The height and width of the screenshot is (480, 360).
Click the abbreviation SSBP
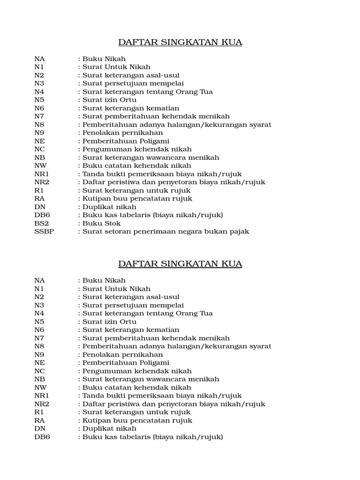click(x=44, y=232)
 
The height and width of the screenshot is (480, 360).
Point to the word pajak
click(x=239, y=232)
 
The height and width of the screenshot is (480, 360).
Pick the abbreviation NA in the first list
click(x=39, y=59)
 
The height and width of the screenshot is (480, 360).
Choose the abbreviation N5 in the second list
click(x=39, y=322)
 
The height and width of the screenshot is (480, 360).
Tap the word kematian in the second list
click(x=164, y=330)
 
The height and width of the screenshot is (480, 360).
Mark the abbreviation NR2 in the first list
click(x=42, y=182)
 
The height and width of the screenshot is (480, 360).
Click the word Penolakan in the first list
click(x=99, y=133)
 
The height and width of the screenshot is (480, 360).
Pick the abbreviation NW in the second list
click(x=40, y=387)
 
